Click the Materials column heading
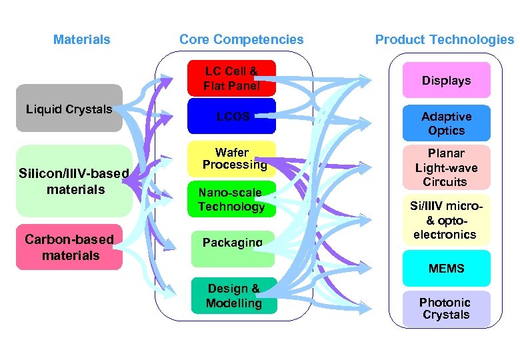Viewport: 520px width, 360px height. tap(81, 40)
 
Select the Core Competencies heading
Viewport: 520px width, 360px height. tap(241, 40)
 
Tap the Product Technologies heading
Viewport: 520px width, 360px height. tap(444, 40)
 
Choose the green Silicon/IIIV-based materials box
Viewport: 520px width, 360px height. tap(73, 181)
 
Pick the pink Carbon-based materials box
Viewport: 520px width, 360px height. tap(69, 247)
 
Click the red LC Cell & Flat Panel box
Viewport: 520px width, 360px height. tap(231, 79)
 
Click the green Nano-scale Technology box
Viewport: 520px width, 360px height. tap(231, 199)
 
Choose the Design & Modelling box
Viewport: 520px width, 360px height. tap(233, 296)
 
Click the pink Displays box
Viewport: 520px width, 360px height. tap(446, 81)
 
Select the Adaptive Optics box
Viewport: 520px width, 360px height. tap(446, 124)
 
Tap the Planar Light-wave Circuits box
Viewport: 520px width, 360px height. tap(446, 167)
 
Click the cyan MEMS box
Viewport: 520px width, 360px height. tap(446, 269)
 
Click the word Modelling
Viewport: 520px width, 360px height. tap(233, 303)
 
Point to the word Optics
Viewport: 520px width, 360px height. tap(446, 131)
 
